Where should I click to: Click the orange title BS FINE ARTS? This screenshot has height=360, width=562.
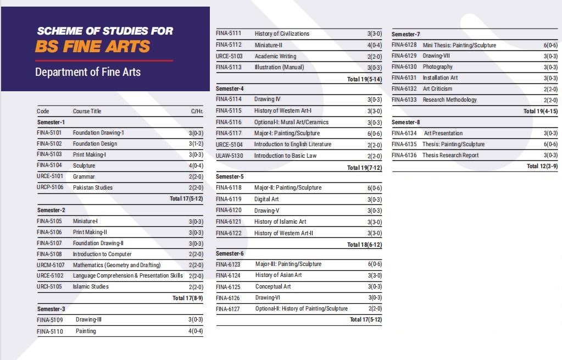point(92,46)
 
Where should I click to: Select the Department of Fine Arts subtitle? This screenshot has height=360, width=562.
point(88,72)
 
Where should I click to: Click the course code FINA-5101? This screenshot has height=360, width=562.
point(49,133)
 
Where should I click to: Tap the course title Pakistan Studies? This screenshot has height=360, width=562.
point(93,187)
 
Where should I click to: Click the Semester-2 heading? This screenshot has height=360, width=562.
point(51,210)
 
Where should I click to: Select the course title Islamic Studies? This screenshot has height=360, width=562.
point(91,287)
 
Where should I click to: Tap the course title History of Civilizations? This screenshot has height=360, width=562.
point(282,34)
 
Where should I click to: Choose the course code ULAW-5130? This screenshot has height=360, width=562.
point(230,156)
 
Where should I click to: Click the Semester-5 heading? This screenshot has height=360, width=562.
point(230,177)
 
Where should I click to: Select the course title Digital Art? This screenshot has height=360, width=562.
point(266,200)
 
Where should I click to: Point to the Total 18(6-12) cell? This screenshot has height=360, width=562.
point(364,245)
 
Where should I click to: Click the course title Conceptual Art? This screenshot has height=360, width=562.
point(273,286)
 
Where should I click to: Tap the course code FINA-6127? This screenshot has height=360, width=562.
point(229,309)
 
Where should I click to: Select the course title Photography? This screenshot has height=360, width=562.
point(438,67)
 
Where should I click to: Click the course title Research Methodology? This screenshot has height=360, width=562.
point(450,100)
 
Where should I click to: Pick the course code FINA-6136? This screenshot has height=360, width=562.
point(404,156)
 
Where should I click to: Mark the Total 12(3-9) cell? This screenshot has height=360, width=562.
point(542,167)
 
